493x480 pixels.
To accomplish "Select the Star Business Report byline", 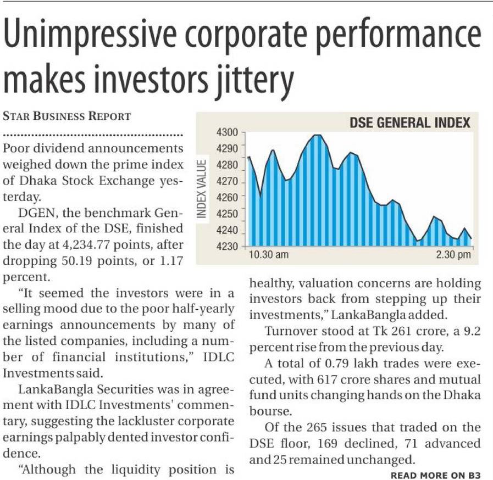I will coord(67,116).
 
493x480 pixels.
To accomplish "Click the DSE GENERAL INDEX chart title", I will coord(410,122).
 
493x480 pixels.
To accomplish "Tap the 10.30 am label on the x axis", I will coord(268,255).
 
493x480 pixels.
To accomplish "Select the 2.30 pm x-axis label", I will coord(453,255).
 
